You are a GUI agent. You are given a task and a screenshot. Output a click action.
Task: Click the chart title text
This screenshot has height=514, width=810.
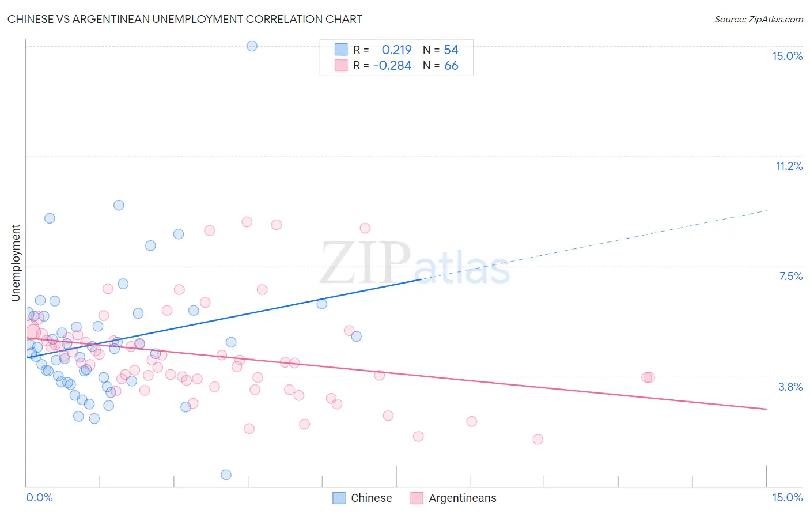coord(185,19)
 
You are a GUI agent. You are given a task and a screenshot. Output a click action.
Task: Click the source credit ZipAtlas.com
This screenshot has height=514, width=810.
coord(758,19)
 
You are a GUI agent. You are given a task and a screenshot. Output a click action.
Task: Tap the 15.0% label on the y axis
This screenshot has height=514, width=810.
coord(787,56)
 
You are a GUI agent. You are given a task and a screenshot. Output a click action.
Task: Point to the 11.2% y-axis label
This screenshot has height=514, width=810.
coord(789,166)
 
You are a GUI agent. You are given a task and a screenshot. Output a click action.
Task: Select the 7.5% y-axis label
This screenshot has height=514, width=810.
coord(790,276)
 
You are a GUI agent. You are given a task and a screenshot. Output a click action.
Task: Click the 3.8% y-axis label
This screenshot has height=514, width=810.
coord(790,387)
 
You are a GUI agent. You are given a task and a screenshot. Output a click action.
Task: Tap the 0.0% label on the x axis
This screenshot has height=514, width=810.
coord(39,497)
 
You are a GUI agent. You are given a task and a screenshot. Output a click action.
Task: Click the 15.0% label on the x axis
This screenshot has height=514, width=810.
coord(787,497)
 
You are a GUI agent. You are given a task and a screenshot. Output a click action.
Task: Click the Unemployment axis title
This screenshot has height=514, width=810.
coord(16,263)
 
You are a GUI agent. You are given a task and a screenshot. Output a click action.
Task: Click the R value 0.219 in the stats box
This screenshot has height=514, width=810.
coord(396,50)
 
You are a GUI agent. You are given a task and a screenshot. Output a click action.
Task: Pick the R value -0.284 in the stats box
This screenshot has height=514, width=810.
coord(392,66)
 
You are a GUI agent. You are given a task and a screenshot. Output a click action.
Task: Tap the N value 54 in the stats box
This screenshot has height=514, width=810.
coord(451,50)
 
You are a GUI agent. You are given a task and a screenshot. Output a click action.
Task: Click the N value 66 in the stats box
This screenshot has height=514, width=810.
coord(451,66)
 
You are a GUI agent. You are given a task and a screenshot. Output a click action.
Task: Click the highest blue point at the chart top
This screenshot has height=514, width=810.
coord(252,46)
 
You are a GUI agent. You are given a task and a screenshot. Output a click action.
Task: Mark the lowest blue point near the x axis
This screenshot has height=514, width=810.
coord(226,474)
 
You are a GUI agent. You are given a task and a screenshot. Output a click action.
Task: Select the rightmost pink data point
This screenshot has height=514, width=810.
coord(649,377)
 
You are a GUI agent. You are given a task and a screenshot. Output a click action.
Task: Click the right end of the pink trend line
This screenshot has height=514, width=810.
coord(766,409)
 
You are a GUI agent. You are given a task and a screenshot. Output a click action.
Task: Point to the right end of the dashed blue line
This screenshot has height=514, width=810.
coord(767,211)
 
